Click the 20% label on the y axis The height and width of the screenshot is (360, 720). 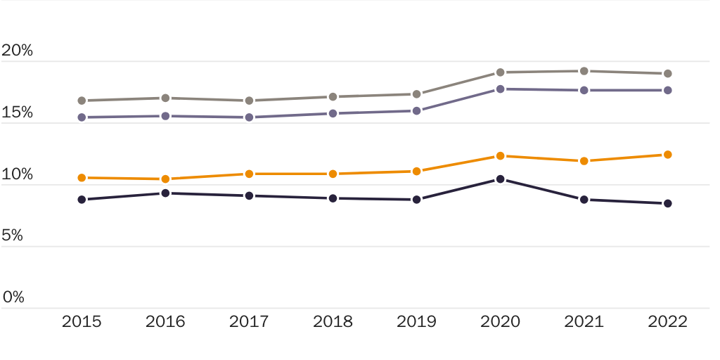pos(18,51)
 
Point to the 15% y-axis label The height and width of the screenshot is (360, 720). pos(18,112)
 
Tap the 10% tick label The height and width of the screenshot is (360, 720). pos(18,174)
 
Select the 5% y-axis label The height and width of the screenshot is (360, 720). pos(12,236)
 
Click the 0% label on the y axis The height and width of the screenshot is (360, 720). pos(13,297)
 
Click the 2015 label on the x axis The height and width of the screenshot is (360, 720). pos(82,322)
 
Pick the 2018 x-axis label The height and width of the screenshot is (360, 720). pos(333,322)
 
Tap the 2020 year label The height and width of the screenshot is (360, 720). pos(500,322)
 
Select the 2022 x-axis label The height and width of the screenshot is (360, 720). pos(667,322)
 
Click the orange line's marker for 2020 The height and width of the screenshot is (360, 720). pos(500,156)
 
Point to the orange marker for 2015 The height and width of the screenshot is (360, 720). pos(82,178)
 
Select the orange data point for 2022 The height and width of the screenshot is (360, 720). pos(667,155)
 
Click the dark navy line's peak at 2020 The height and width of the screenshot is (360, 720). pos(500,179)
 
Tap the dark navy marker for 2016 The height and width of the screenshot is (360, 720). pos(165,193)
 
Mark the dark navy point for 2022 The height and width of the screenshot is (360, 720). pos(667,203)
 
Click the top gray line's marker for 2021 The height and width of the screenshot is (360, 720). pos(584,71)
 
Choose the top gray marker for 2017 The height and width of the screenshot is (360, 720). pos(249,101)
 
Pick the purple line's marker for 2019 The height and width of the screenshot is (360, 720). pos(416,110)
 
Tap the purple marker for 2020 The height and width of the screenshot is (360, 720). pos(500,89)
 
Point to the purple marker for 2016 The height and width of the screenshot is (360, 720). pos(165,116)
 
